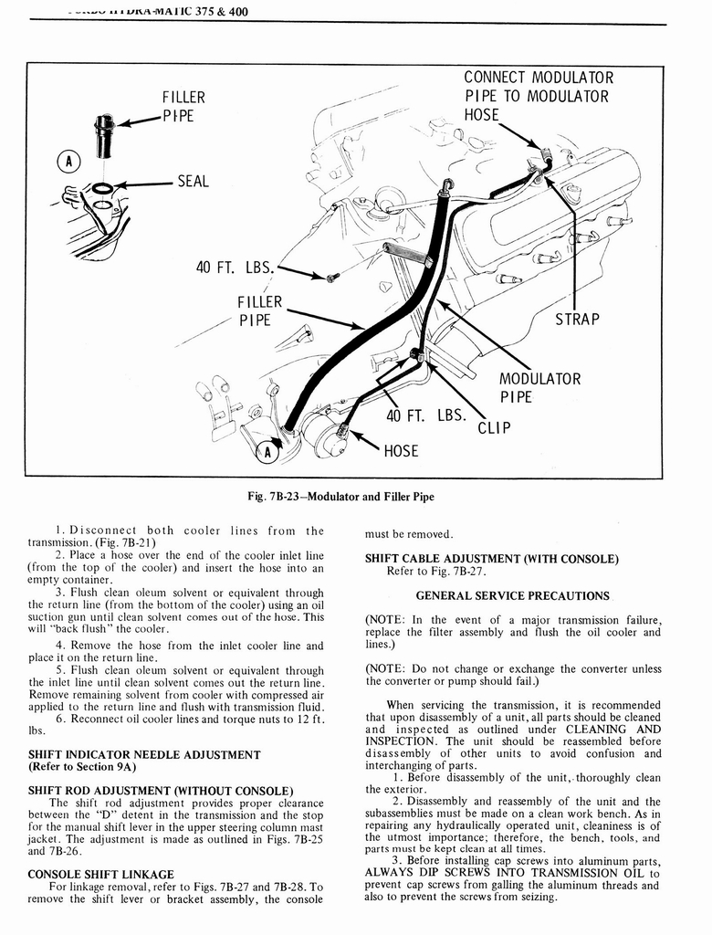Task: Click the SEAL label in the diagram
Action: click(193, 182)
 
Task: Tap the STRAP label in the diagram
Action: click(577, 319)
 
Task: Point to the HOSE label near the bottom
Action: click(401, 450)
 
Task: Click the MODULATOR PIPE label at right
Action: click(539, 388)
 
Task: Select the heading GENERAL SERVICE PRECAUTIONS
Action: click(512, 595)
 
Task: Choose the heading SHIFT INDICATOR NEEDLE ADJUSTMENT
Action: click(144, 754)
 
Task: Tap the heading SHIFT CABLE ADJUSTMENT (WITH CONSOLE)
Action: click(491, 558)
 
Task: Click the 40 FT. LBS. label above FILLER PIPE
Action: click(235, 268)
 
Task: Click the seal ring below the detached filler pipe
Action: click(103, 188)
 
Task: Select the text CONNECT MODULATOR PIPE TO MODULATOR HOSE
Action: click(539, 96)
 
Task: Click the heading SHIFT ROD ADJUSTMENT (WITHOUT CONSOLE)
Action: click(161, 789)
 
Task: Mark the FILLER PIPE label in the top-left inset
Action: click(183, 106)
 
